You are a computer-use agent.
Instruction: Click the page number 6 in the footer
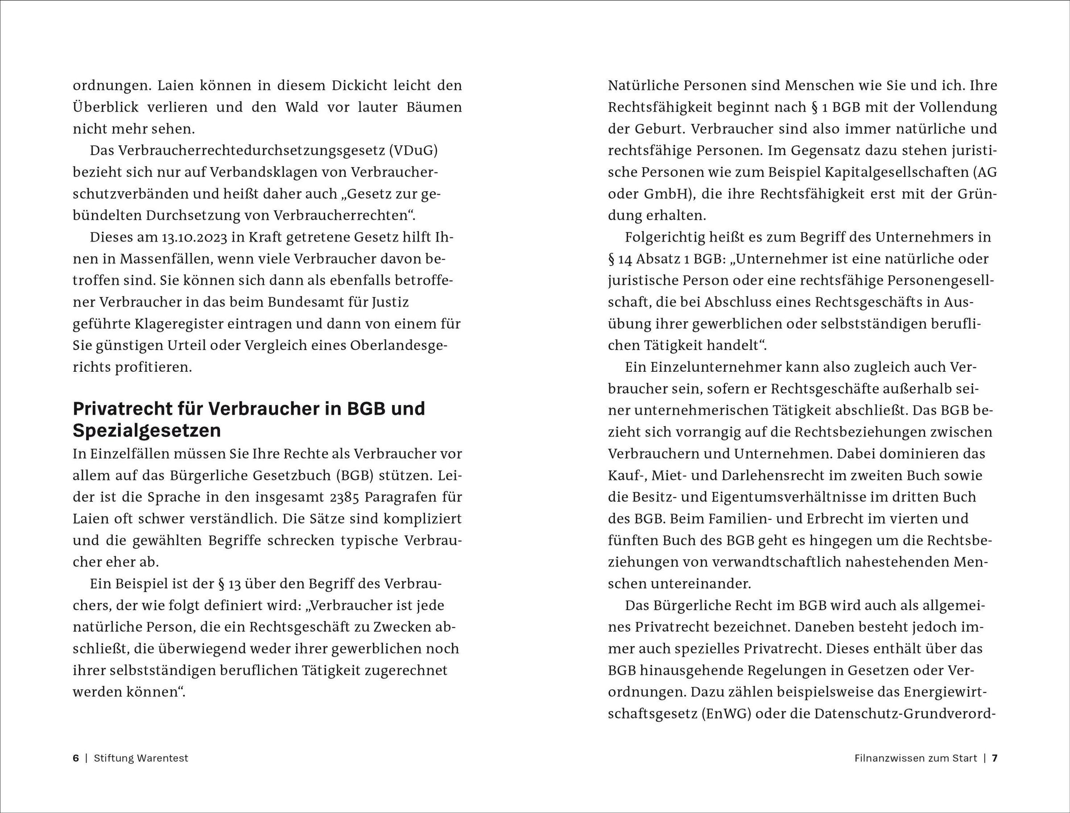click(75, 758)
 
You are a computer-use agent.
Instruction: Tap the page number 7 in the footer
click(995, 758)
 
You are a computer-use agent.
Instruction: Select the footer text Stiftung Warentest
click(141, 758)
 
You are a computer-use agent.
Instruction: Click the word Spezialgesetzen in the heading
click(147, 430)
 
